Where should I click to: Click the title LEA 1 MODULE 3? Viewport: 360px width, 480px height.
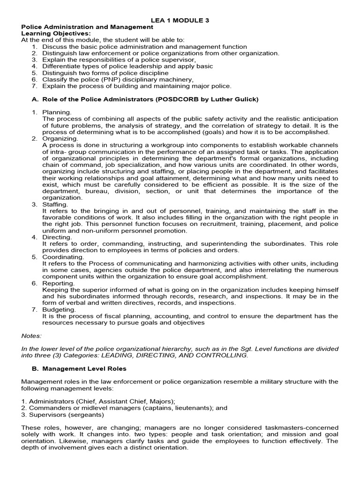pyautogui.click(x=180, y=20)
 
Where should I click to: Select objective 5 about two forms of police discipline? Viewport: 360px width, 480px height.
pyautogui.click(x=105, y=73)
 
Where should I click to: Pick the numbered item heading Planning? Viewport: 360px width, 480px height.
pyautogui.click(x=57, y=112)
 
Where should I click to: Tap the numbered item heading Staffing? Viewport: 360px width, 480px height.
pyautogui.click(x=55, y=204)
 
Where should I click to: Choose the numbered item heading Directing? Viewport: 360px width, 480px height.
pyautogui.click(x=57, y=237)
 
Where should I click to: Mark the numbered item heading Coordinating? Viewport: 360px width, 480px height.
pyautogui.click(x=63, y=257)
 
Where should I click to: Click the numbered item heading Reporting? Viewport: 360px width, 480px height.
pyautogui.click(x=58, y=283)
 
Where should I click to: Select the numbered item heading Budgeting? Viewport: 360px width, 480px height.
pyautogui.click(x=59, y=309)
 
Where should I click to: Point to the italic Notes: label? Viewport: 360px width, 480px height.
pyautogui.click(x=31, y=336)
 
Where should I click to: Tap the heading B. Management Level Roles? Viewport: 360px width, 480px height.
pyautogui.click(x=84, y=368)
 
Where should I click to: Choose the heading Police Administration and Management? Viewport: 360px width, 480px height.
pyautogui.click(x=87, y=27)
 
